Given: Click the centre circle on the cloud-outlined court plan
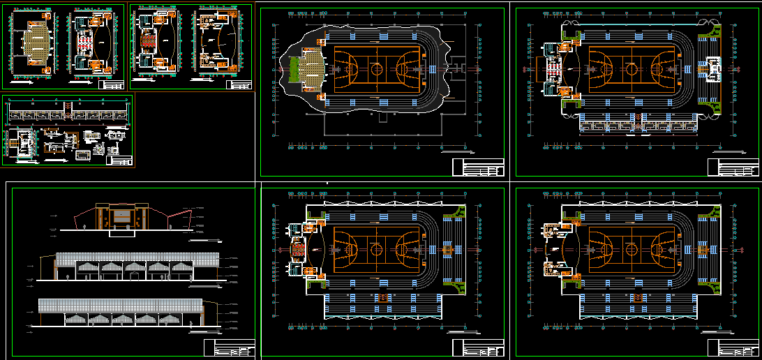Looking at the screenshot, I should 377,69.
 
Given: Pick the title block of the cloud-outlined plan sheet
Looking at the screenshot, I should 478,167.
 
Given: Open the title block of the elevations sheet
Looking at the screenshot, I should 230,347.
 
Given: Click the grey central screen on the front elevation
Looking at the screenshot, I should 123,216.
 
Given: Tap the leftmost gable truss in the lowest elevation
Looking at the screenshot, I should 76,318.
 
